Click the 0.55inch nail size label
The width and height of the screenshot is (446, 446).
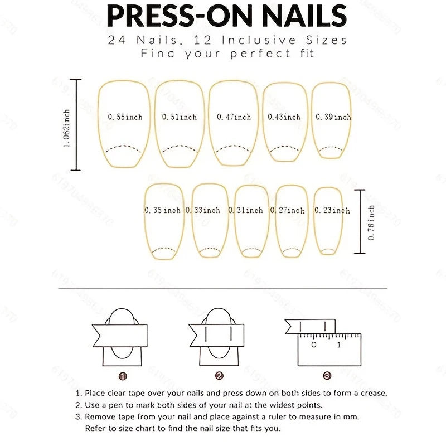tap(125, 117)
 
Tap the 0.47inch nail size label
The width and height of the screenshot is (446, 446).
tap(234, 117)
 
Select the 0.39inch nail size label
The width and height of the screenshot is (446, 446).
tap(333, 117)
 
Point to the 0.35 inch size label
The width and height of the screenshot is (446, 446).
tap(162, 210)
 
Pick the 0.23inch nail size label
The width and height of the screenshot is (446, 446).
tap(332, 210)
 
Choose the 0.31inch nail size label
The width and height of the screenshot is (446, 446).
tap(249, 210)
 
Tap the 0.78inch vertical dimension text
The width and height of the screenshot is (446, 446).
tap(371, 222)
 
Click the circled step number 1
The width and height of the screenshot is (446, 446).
tap(123, 376)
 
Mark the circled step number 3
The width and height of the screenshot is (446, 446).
tap(327, 376)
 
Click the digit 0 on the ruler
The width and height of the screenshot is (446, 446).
tap(314, 345)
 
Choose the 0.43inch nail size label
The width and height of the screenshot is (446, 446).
tap(284, 117)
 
